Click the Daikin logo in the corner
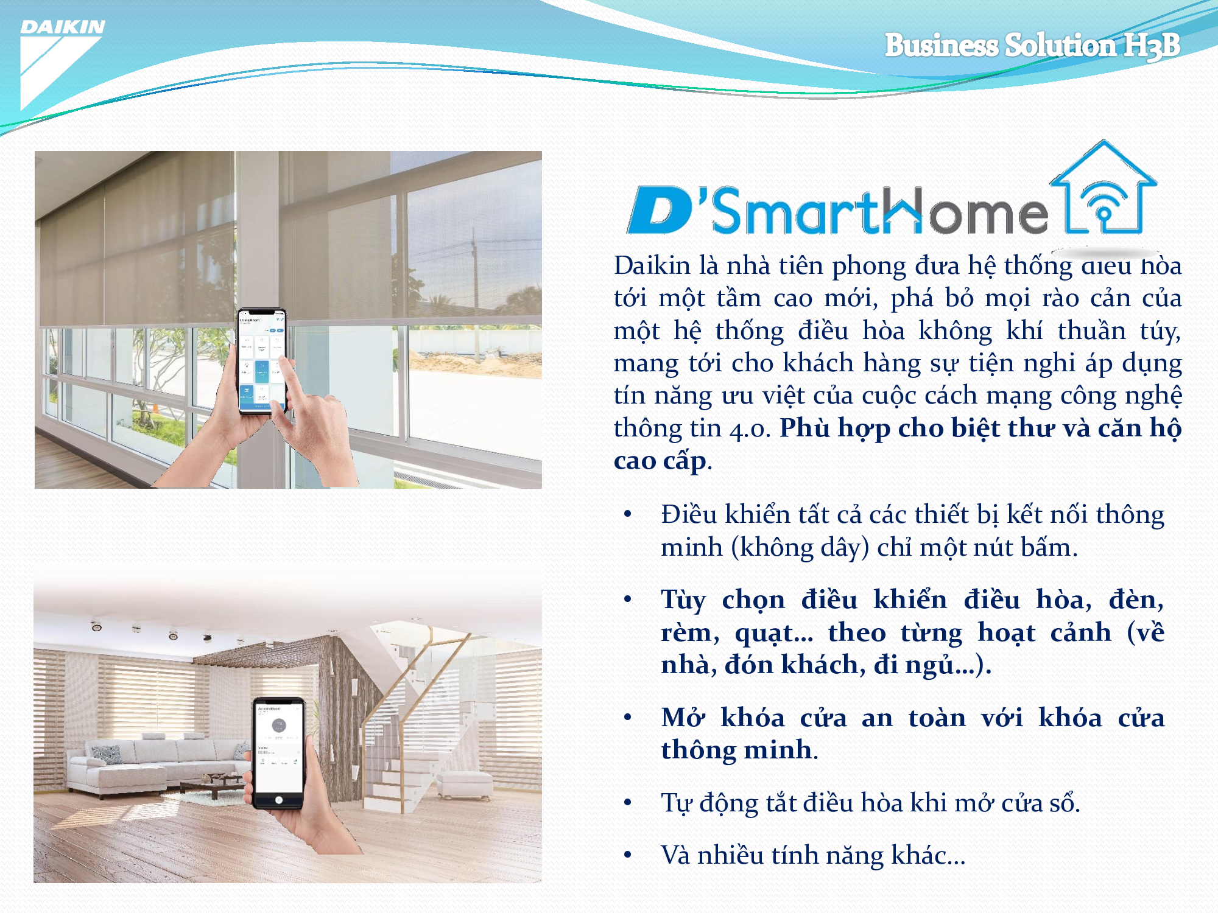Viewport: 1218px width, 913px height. pyautogui.click(x=61, y=61)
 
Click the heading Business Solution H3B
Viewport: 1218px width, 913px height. pyautogui.click(x=1032, y=45)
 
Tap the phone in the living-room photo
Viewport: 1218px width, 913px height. pyautogui.click(x=279, y=752)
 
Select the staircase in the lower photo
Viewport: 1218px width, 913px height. pyautogui.click(x=414, y=730)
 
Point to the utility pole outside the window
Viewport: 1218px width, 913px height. pyautogui.click(x=473, y=274)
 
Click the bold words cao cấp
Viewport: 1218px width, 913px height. pyautogui.click(x=660, y=461)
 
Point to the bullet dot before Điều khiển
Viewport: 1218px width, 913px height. pyautogui.click(x=628, y=515)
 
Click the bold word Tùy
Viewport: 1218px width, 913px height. pyautogui.click(x=683, y=600)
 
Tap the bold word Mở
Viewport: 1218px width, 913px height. pyautogui.click(x=683, y=718)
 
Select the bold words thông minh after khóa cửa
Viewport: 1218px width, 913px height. pyautogui.click(x=736, y=750)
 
